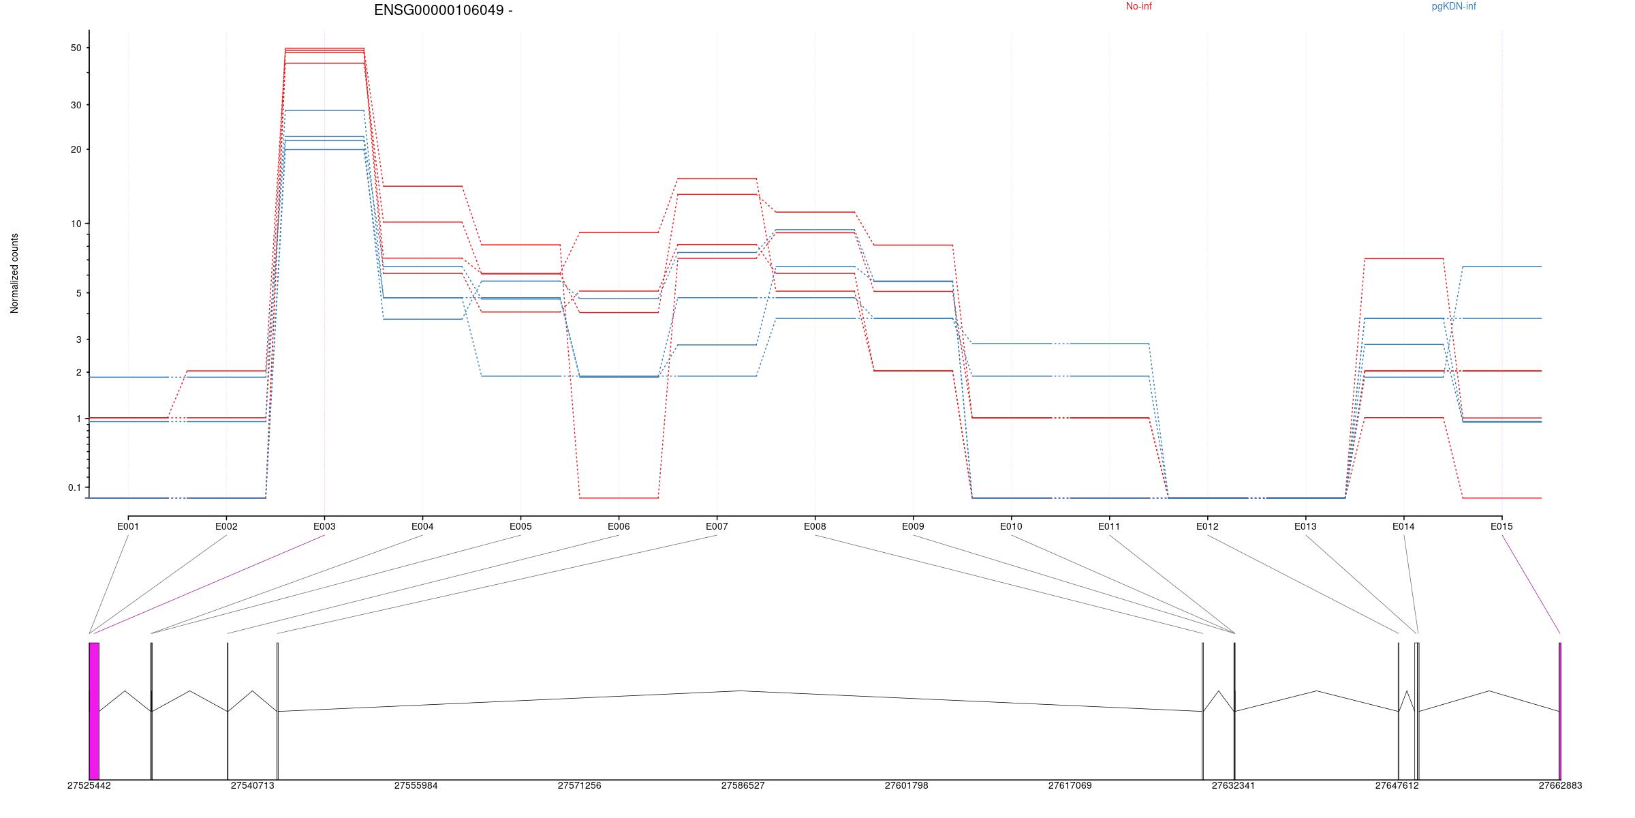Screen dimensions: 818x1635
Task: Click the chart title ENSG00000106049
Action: coord(443,10)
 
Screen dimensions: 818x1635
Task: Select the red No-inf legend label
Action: coord(1138,7)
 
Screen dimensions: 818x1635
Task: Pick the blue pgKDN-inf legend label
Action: coord(1453,7)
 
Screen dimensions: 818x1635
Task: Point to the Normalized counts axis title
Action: coord(14,273)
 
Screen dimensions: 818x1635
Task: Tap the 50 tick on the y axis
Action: coord(76,48)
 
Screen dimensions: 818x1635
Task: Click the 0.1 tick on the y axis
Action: coord(74,487)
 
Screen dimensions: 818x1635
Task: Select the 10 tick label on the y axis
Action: coord(76,224)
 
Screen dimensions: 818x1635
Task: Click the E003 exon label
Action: coord(324,526)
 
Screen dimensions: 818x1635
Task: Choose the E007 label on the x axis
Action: coord(717,526)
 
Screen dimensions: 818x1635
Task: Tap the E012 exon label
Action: coord(1207,526)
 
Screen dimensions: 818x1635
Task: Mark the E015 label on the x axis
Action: coord(1501,526)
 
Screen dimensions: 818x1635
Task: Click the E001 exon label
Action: coord(128,526)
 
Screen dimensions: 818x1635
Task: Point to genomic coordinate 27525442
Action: coord(89,785)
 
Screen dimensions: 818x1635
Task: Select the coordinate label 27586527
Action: coord(743,785)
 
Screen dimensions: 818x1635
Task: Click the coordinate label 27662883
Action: coord(1560,785)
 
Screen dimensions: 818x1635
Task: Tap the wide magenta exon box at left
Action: coord(94,711)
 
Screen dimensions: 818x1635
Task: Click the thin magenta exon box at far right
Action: coord(1560,711)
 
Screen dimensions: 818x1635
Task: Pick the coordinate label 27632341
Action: coord(1233,785)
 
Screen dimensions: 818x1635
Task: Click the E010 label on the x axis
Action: coord(1011,526)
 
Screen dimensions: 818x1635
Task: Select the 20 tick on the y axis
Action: coord(76,149)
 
